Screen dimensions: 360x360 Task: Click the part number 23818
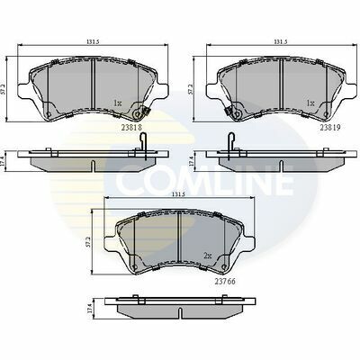[x=131, y=127]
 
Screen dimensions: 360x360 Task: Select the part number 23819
[x=330, y=127]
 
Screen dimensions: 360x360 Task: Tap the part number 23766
[x=225, y=282]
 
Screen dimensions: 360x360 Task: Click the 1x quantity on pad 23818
[x=117, y=103]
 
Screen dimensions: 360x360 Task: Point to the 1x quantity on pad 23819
[x=310, y=103]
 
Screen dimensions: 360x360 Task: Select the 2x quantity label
[x=208, y=256]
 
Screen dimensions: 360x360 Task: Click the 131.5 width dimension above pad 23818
[x=93, y=42]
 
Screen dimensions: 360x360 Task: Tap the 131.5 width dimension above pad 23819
[x=281, y=42]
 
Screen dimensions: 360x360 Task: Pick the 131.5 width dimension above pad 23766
[x=178, y=194]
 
